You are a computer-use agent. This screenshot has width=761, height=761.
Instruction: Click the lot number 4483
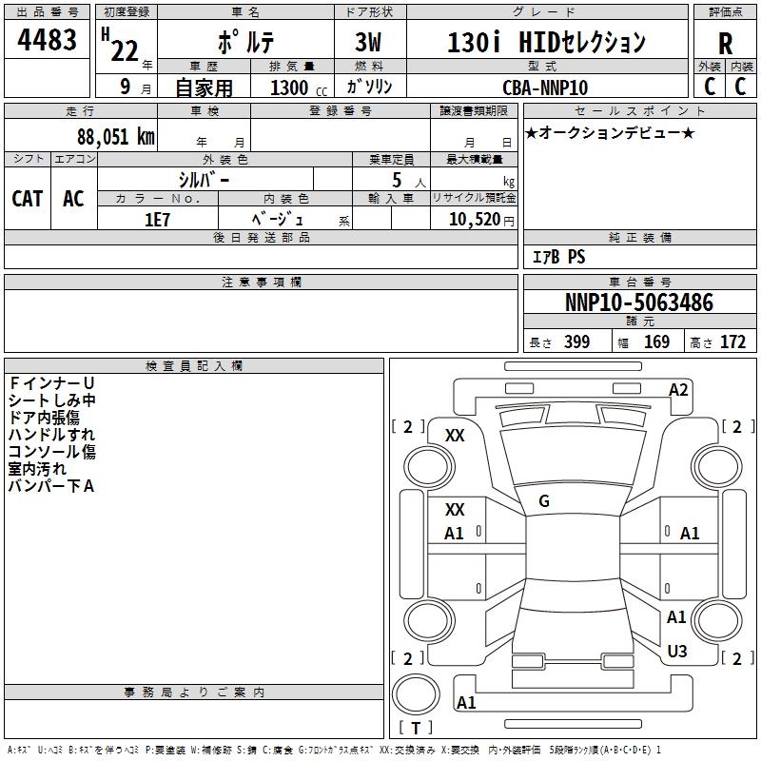coord(48,40)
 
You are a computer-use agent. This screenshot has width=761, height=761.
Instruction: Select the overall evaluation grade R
coord(725,43)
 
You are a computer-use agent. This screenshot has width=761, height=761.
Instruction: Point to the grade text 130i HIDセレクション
coord(546,43)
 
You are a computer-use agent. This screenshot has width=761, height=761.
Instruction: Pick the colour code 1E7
coord(157,219)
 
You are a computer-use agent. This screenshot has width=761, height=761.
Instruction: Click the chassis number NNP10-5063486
coord(638,302)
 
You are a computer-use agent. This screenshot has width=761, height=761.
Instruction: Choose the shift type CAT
coord(27,198)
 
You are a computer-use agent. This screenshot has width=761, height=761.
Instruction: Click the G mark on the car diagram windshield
coord(543,501)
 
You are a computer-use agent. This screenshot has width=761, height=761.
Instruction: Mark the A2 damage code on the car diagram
coord(678,389)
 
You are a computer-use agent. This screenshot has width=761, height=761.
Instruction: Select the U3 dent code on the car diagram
coord(677,651)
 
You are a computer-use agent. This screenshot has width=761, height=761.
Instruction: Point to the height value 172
coord(732,342)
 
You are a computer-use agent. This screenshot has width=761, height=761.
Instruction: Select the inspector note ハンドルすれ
coord(51,435)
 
